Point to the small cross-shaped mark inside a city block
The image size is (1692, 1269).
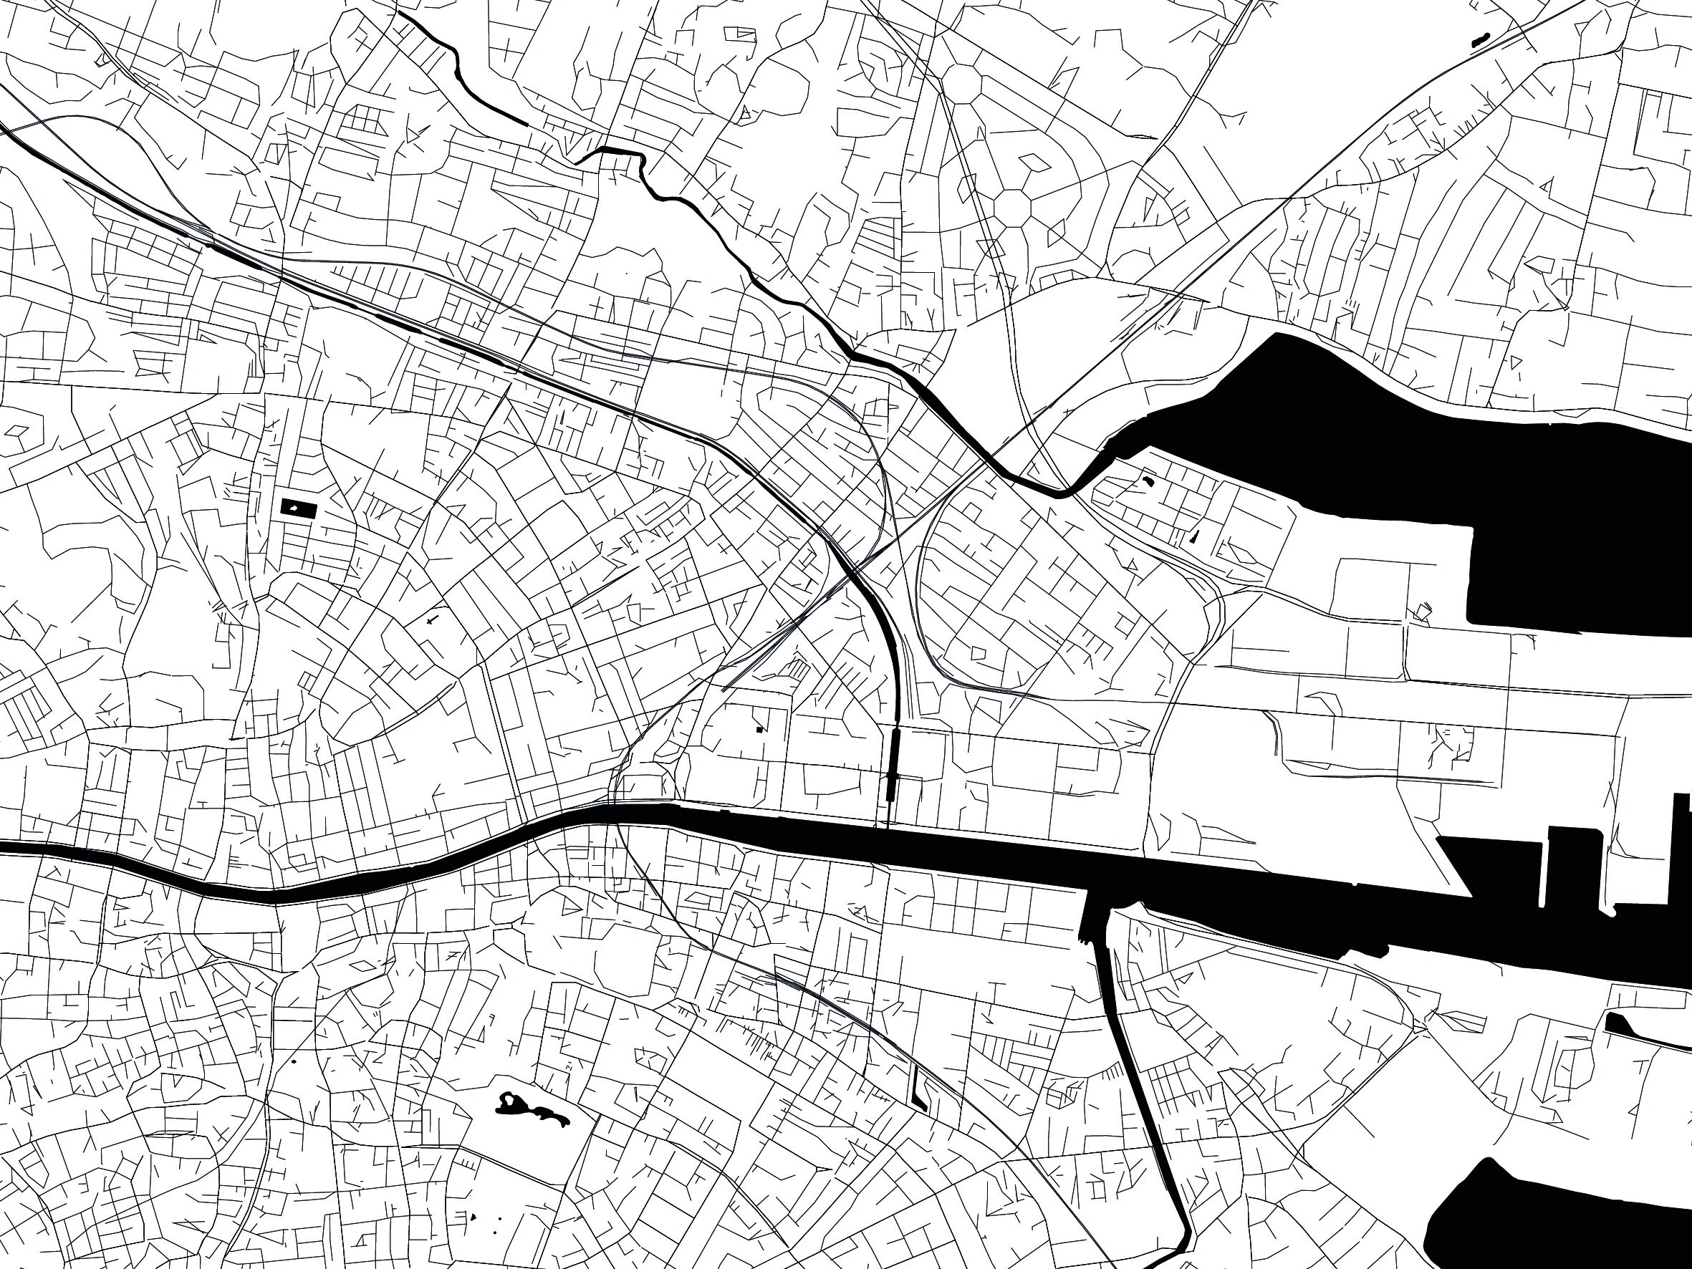pos(432,619)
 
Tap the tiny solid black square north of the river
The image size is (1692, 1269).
pos(759,729)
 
